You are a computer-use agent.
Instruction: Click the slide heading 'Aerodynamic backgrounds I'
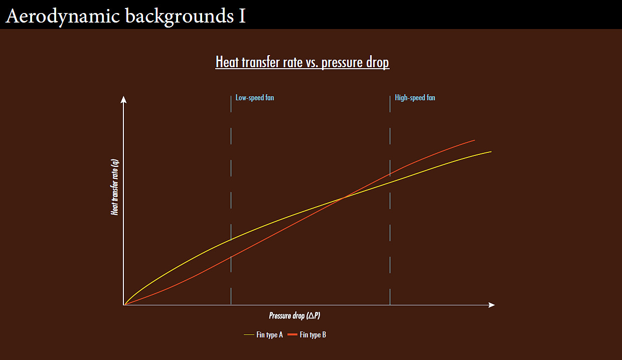(x=125, y=16)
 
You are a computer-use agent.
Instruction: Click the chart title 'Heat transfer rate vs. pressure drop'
(x=302, y=62)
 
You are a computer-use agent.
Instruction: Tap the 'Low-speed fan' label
(x=255, y=98)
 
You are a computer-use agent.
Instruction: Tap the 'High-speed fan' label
(x=415, y=98)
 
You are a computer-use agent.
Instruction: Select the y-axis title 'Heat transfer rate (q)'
(x=115, y=187)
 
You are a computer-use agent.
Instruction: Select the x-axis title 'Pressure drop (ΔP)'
(x=294, y=315)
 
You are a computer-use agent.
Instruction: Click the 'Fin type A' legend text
(x=269, y=335)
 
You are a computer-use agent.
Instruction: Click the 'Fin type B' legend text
(x=313, y=335)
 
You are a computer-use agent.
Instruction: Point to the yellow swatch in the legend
(x=249, y=335)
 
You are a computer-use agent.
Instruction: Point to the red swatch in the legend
(x=292, y=335)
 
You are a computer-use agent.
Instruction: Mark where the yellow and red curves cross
(x=344, y=198)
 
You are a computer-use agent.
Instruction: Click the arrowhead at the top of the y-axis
(x=123, y=99)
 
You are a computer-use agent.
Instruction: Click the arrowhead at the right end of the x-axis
(x=492, y=305)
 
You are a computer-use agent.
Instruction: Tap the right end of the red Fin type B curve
(x=475, y=140)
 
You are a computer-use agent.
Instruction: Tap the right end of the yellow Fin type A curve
(x=491, y=151)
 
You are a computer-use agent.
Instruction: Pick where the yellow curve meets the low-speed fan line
(x=231, y=240)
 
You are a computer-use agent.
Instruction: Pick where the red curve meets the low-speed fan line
(x=231, y=257)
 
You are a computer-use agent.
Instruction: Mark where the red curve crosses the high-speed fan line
(x=390, y=174)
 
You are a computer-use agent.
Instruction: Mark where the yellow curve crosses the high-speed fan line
(x=390, y=183)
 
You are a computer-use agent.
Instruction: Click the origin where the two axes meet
(x=123, y=305)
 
